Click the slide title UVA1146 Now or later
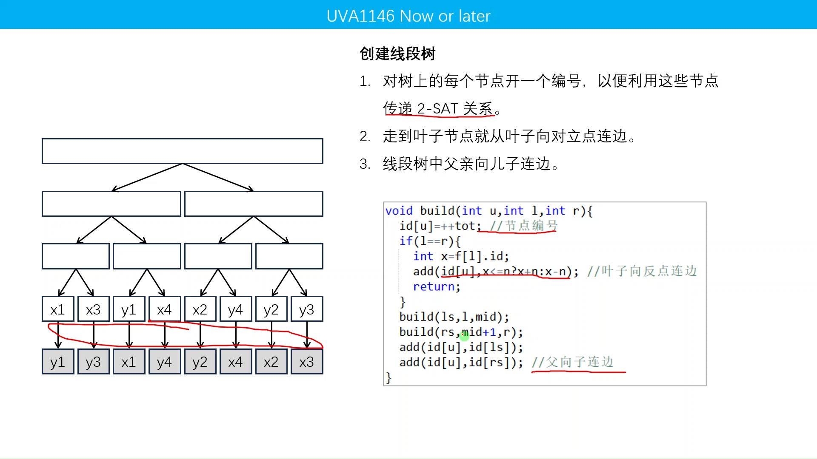tap(408, 16)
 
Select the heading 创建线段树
tap(397, 54)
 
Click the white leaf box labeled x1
tap(58, 309)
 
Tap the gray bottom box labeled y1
tap(58, 362)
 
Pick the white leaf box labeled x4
tap(164, 309)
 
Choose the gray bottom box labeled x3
tap(306, 362)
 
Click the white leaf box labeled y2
tap(271, 309)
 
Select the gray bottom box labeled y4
tap(164, 362)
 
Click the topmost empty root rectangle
tap(182, 151)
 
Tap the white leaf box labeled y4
tap(235, 309)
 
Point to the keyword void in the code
tap(399, 211)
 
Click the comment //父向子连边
tap(572, 362)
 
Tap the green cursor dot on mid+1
tap(464, 335)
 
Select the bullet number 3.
tap(365, 164)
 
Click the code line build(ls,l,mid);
tap(454, 317)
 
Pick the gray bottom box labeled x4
tap(235, 362)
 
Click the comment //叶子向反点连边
tap(642, 271)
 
